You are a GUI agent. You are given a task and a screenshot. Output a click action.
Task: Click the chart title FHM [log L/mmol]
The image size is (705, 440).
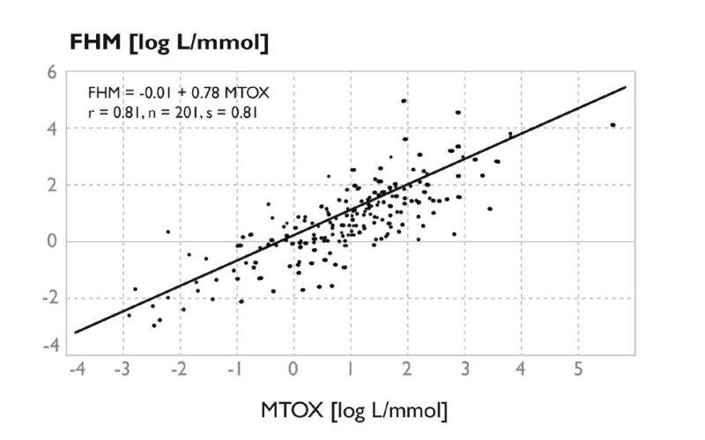tap(168, 41)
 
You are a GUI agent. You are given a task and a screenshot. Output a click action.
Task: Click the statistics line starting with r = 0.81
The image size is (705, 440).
tap(171, 112)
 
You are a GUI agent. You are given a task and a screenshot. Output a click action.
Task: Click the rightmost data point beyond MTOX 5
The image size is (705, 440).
tap(612, 125)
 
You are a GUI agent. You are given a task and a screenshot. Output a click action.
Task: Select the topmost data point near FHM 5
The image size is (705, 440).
tap(404, 101)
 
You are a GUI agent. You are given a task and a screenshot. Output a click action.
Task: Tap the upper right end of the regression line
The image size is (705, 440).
tap(625, 87)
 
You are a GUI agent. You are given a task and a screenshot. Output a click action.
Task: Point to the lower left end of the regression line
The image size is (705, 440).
tap(75, 333)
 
